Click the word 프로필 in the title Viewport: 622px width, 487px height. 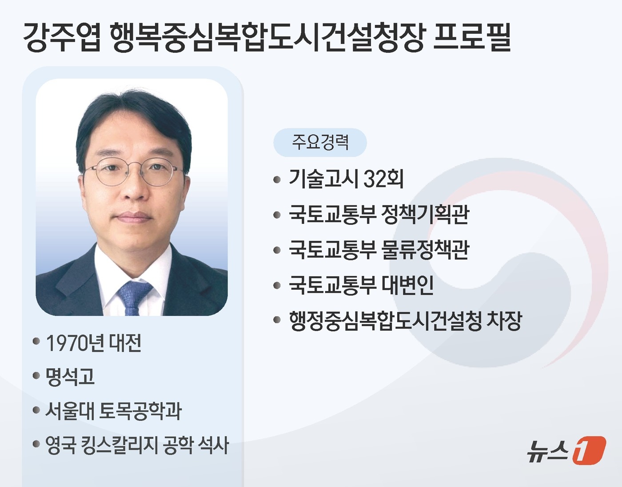pyautogui.click(x=472, y=37)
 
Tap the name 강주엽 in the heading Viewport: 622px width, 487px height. pyautogui.click(x=62, y=38)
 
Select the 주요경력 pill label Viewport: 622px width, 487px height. pyautogui.click(x=320, y=142)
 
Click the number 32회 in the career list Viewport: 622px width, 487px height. pyautogui.click(x=383, y=179)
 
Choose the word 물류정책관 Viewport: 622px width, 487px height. pyautogui.click(x=425, y=250)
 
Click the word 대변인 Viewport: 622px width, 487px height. pyautogui.click(x=407, y=285)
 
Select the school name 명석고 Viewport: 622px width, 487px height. pyautogui.click(x=70, y=377)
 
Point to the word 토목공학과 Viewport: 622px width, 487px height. pyautogui.click(x=140, y=411)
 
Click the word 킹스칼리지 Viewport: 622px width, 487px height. pyautogui.click(x=119, y=445)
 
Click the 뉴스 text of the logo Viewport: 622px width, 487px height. pyautogui.click(x=548, y=451)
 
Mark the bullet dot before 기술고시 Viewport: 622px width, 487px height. pyautogui.click(x=277, y=180)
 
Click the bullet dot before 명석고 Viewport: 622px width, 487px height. pyautogui.click(x=36, y=376)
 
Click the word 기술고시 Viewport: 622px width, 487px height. pyautogui.click(x=323, y=179)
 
